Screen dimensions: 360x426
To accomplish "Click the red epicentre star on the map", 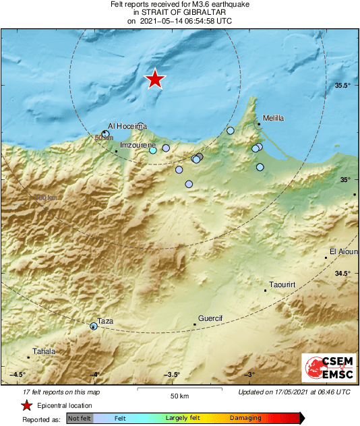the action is tap(155, 79).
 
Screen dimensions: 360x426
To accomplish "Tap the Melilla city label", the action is tap(273, 118).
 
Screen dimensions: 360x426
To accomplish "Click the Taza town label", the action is tap(106, 321).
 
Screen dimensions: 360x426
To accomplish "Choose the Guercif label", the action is tap(210, 317).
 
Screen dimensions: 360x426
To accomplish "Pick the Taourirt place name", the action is tap(282, 285).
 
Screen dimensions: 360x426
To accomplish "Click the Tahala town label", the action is tap(44, 351).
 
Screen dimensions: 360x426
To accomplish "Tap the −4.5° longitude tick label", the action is tap(17, 375).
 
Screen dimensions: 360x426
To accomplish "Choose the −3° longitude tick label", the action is tap(249, 375).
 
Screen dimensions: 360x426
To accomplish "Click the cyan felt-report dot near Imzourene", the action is tap(153, 150).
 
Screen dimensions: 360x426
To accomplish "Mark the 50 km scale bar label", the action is tap(178, 396).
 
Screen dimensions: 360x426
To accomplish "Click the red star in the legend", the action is tap(26, 406).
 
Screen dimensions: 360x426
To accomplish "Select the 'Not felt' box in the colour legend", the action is tap(79, 419).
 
